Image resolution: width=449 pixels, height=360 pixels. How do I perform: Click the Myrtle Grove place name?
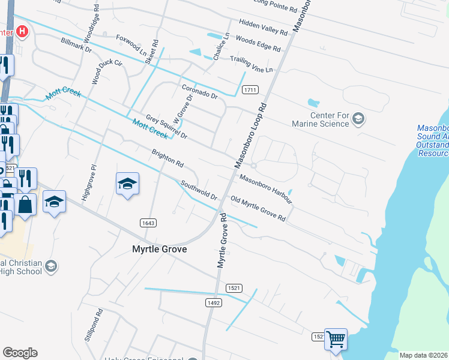pyautogui.click(x=159, y=249)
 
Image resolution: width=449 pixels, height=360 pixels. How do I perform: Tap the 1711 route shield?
pyautogui.click(x=250, y=90)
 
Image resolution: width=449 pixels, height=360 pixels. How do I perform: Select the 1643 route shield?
pyautogui.click(x=148, y=223)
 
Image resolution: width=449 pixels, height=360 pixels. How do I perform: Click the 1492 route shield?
pyautogui.click(x=214, y=303)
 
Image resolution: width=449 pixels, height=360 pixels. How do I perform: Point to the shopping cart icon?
pyautogui.click(x=336, y=339)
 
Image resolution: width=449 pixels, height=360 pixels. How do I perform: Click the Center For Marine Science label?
pyautogui.click(x=329, y=119)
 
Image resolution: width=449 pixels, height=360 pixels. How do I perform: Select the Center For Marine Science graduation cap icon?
pyautogui.click(x=358, y=118)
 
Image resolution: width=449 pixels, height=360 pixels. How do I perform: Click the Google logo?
pyautogui.click(x=20, y=353)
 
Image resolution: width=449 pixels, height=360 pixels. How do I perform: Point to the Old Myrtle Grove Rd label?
pyautogui.click(x=258, y=209)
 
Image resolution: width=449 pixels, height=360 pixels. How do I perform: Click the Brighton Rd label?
pyautogui.click(x=167, y=158)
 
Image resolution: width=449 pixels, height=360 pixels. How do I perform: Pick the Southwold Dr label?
pyautogui.click(x=199, y=190)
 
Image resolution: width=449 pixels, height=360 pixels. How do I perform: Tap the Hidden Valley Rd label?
pyautogui.click(x=263, y=29)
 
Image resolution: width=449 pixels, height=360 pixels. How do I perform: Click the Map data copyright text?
pyautogui.click(x=424, y=355)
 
